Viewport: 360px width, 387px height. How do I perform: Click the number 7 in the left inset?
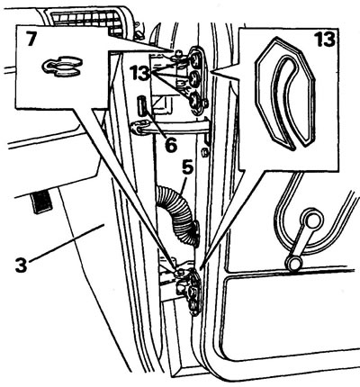click(32, 39)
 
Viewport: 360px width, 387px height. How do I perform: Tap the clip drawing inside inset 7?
click(62, 67)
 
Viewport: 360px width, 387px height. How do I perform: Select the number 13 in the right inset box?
click(324, 40)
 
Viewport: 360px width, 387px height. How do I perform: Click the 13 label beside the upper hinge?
click(139, 73)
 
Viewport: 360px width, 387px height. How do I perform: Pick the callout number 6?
click(171, 145)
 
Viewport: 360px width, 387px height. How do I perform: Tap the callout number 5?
click(187, 168)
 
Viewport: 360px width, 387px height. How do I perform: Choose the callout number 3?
click(21, 265)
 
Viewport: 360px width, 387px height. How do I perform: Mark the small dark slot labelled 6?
click(141, 105)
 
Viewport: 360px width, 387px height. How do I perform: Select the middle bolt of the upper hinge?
click(195, 78)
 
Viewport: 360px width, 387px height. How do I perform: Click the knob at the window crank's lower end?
click(293, 263)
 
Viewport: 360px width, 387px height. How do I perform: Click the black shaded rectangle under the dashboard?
click(42, 201)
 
